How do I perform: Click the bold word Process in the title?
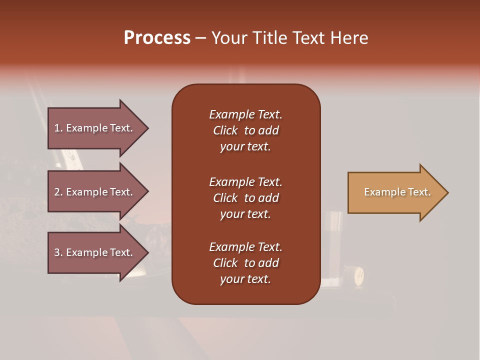click(157, 38)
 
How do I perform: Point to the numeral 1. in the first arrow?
click(58, 128)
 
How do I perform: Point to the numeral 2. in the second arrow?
click(58, 192)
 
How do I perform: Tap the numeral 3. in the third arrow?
click(58, 252)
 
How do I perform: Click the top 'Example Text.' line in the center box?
click(245, 114)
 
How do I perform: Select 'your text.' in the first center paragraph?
click(245, 147)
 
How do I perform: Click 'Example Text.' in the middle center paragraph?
click(245, 182)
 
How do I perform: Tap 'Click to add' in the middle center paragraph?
click(245, 198)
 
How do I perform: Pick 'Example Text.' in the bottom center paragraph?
click(245, 247)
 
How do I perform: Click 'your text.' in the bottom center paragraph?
click(245, 279)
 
